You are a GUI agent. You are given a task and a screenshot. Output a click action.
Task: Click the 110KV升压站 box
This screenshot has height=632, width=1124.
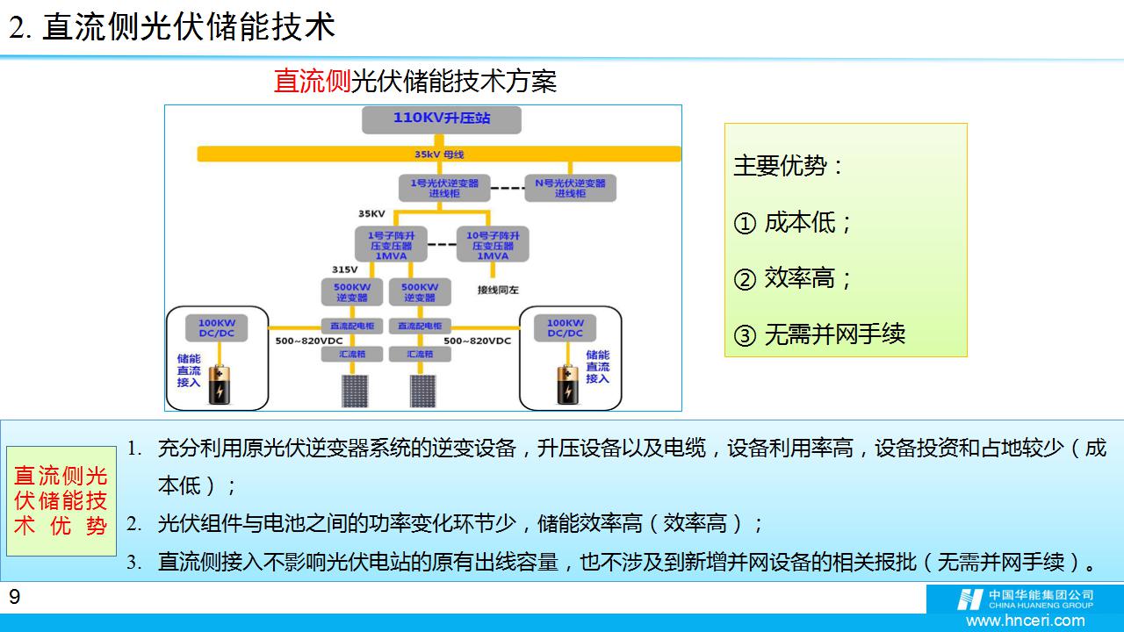tap(441, 119)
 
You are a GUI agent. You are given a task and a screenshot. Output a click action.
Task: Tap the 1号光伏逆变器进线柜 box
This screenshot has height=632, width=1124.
tap(444, 188)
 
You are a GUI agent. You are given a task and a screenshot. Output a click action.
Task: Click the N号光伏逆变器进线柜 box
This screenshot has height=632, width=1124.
tap(570, 188)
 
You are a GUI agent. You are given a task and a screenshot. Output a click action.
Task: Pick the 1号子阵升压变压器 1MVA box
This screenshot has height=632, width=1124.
tap(391, 245)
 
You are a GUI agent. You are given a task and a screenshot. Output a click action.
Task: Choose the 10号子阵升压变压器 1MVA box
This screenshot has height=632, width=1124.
tap(493, 245)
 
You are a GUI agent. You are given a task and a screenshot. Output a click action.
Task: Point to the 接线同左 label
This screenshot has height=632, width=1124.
tap(498, 289)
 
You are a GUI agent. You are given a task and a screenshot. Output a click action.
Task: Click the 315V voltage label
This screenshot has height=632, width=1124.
tap(344, 269)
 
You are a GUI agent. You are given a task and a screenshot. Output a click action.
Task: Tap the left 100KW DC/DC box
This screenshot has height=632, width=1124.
tap(217, 327)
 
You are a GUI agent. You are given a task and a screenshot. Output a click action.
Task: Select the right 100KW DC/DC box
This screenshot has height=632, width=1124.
tap(566, 327)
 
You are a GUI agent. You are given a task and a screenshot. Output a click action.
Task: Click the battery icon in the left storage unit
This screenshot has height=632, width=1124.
tap(218, 383)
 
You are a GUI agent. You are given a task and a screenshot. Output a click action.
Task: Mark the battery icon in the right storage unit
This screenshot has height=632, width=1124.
tap(567, 383)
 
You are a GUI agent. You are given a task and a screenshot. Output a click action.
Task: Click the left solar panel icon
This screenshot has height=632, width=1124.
tap(355, 391)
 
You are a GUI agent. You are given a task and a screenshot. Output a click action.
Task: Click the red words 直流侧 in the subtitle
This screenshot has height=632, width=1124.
tap(312, 82)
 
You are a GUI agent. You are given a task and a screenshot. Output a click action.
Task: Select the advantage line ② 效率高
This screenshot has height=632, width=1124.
tap(793, 278)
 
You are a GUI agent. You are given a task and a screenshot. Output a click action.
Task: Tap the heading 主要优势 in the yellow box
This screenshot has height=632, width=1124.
tap(788, 166)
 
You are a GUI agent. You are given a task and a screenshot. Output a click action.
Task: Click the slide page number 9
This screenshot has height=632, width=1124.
tap(14, 598)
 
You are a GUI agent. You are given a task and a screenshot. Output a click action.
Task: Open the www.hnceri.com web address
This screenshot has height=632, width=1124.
tap(1025, 621)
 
